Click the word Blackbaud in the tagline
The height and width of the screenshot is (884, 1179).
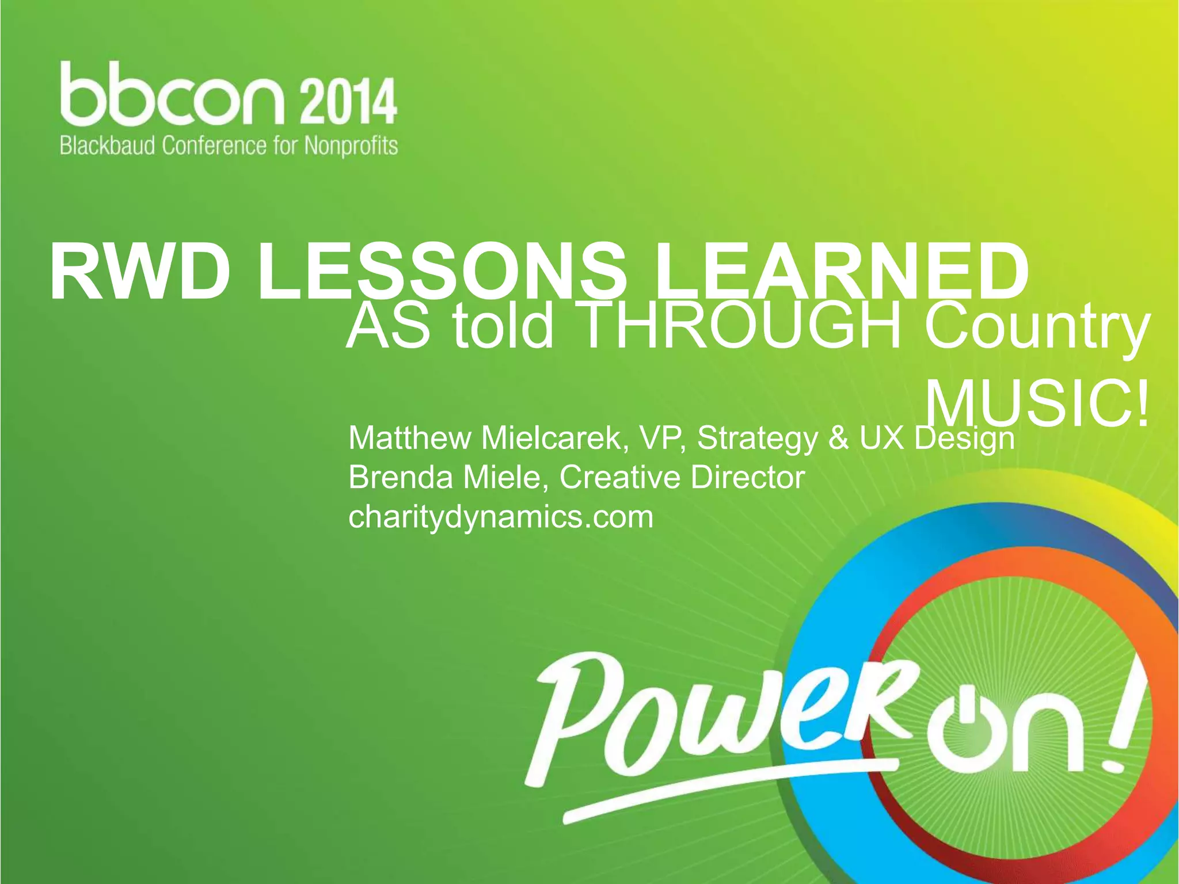[x=108, y=146]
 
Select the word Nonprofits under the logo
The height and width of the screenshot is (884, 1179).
[x=351, y=146]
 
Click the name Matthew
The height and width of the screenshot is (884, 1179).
[x=409, y=438]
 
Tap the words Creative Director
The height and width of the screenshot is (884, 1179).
[x=682, y=477]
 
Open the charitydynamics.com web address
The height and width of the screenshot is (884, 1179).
[x=501, y=516]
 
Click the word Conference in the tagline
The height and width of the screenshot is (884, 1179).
[x=214, y=146]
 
